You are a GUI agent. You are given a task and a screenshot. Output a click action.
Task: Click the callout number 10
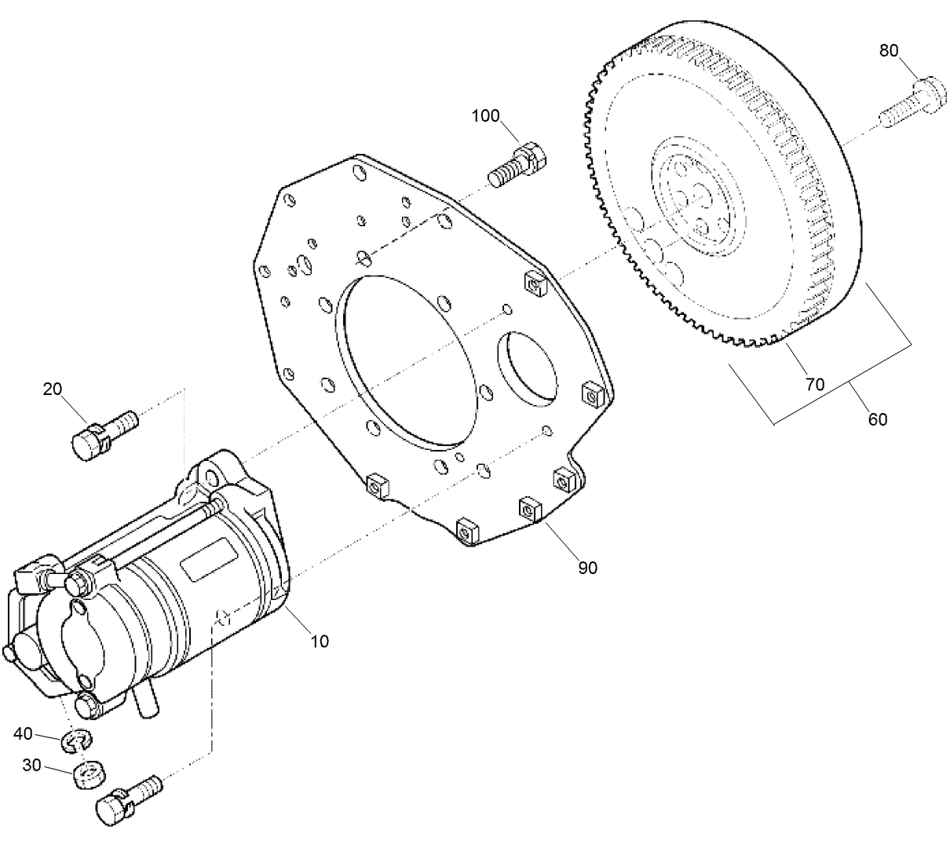click(x=319, y=642)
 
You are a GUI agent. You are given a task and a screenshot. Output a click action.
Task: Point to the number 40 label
click(x=24, y=733)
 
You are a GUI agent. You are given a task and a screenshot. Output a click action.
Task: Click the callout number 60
click(x=877, y=419)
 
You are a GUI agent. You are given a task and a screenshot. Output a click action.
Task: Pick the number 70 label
click(x=814, y=384)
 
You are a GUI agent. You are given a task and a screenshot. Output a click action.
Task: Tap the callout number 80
click(x=888, y=51)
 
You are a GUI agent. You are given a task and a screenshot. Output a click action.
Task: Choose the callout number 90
click(x=587, y=567)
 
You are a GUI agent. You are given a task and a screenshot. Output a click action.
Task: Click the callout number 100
click(x=485, y=116)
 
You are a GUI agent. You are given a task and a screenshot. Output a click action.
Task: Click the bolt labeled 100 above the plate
click(x=517, y=163)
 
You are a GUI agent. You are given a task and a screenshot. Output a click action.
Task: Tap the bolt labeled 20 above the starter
click(x=103, y=435)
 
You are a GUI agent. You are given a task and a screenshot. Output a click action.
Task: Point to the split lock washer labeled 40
click(x=78, y=739)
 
